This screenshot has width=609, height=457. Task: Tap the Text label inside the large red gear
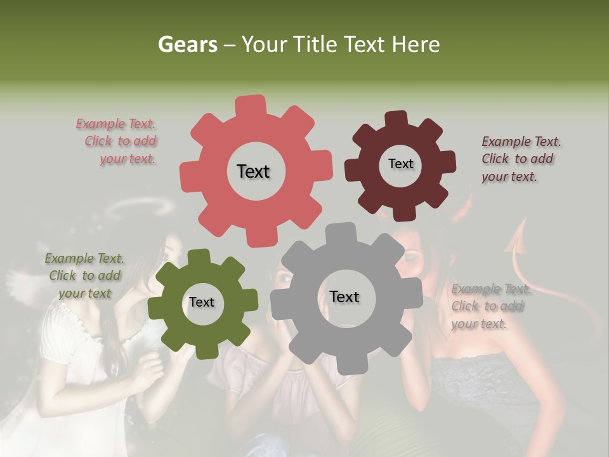[x=253, y=171]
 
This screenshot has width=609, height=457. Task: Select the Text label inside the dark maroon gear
[x=400, y=164]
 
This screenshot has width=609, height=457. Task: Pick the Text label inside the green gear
[x=202, y=302]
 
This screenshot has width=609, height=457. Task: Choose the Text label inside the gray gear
[x=344, y=296]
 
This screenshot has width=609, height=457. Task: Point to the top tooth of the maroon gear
[x=396, y=119]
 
